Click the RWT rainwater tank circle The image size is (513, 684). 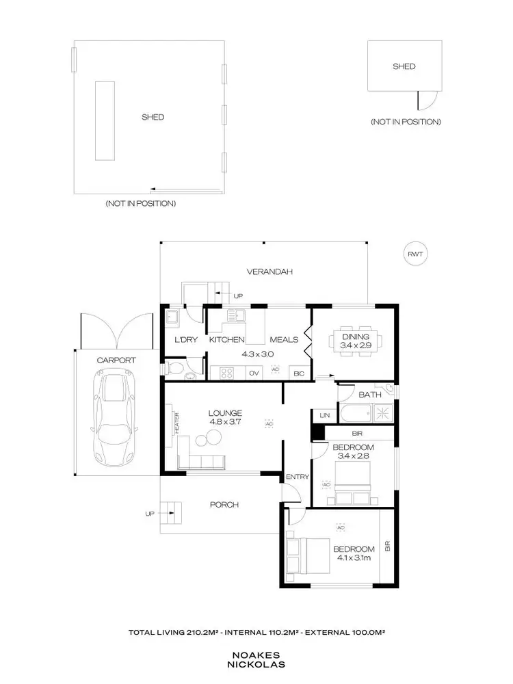(x=415, y=254)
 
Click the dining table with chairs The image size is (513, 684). (x=354, y=341)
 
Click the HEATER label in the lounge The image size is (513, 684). (x=176, y=422)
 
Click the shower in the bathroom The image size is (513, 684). (x=382, y=412)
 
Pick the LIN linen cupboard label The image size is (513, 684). (x=321, y=415)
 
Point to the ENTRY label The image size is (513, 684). (x=298, y=477)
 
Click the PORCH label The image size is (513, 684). (x=224, y=505)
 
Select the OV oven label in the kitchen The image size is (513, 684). (x=254, y=373)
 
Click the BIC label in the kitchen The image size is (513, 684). (x=298, y=373)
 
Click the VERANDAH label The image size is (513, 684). (x=269, y=272)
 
